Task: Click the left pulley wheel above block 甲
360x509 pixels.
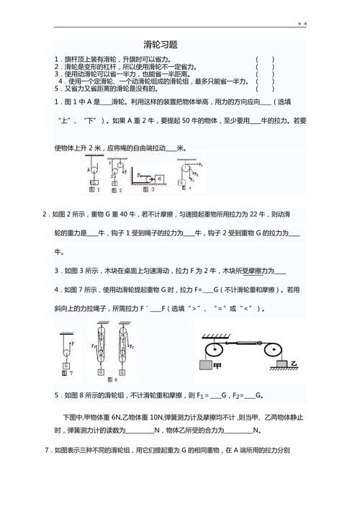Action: (214, 350)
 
